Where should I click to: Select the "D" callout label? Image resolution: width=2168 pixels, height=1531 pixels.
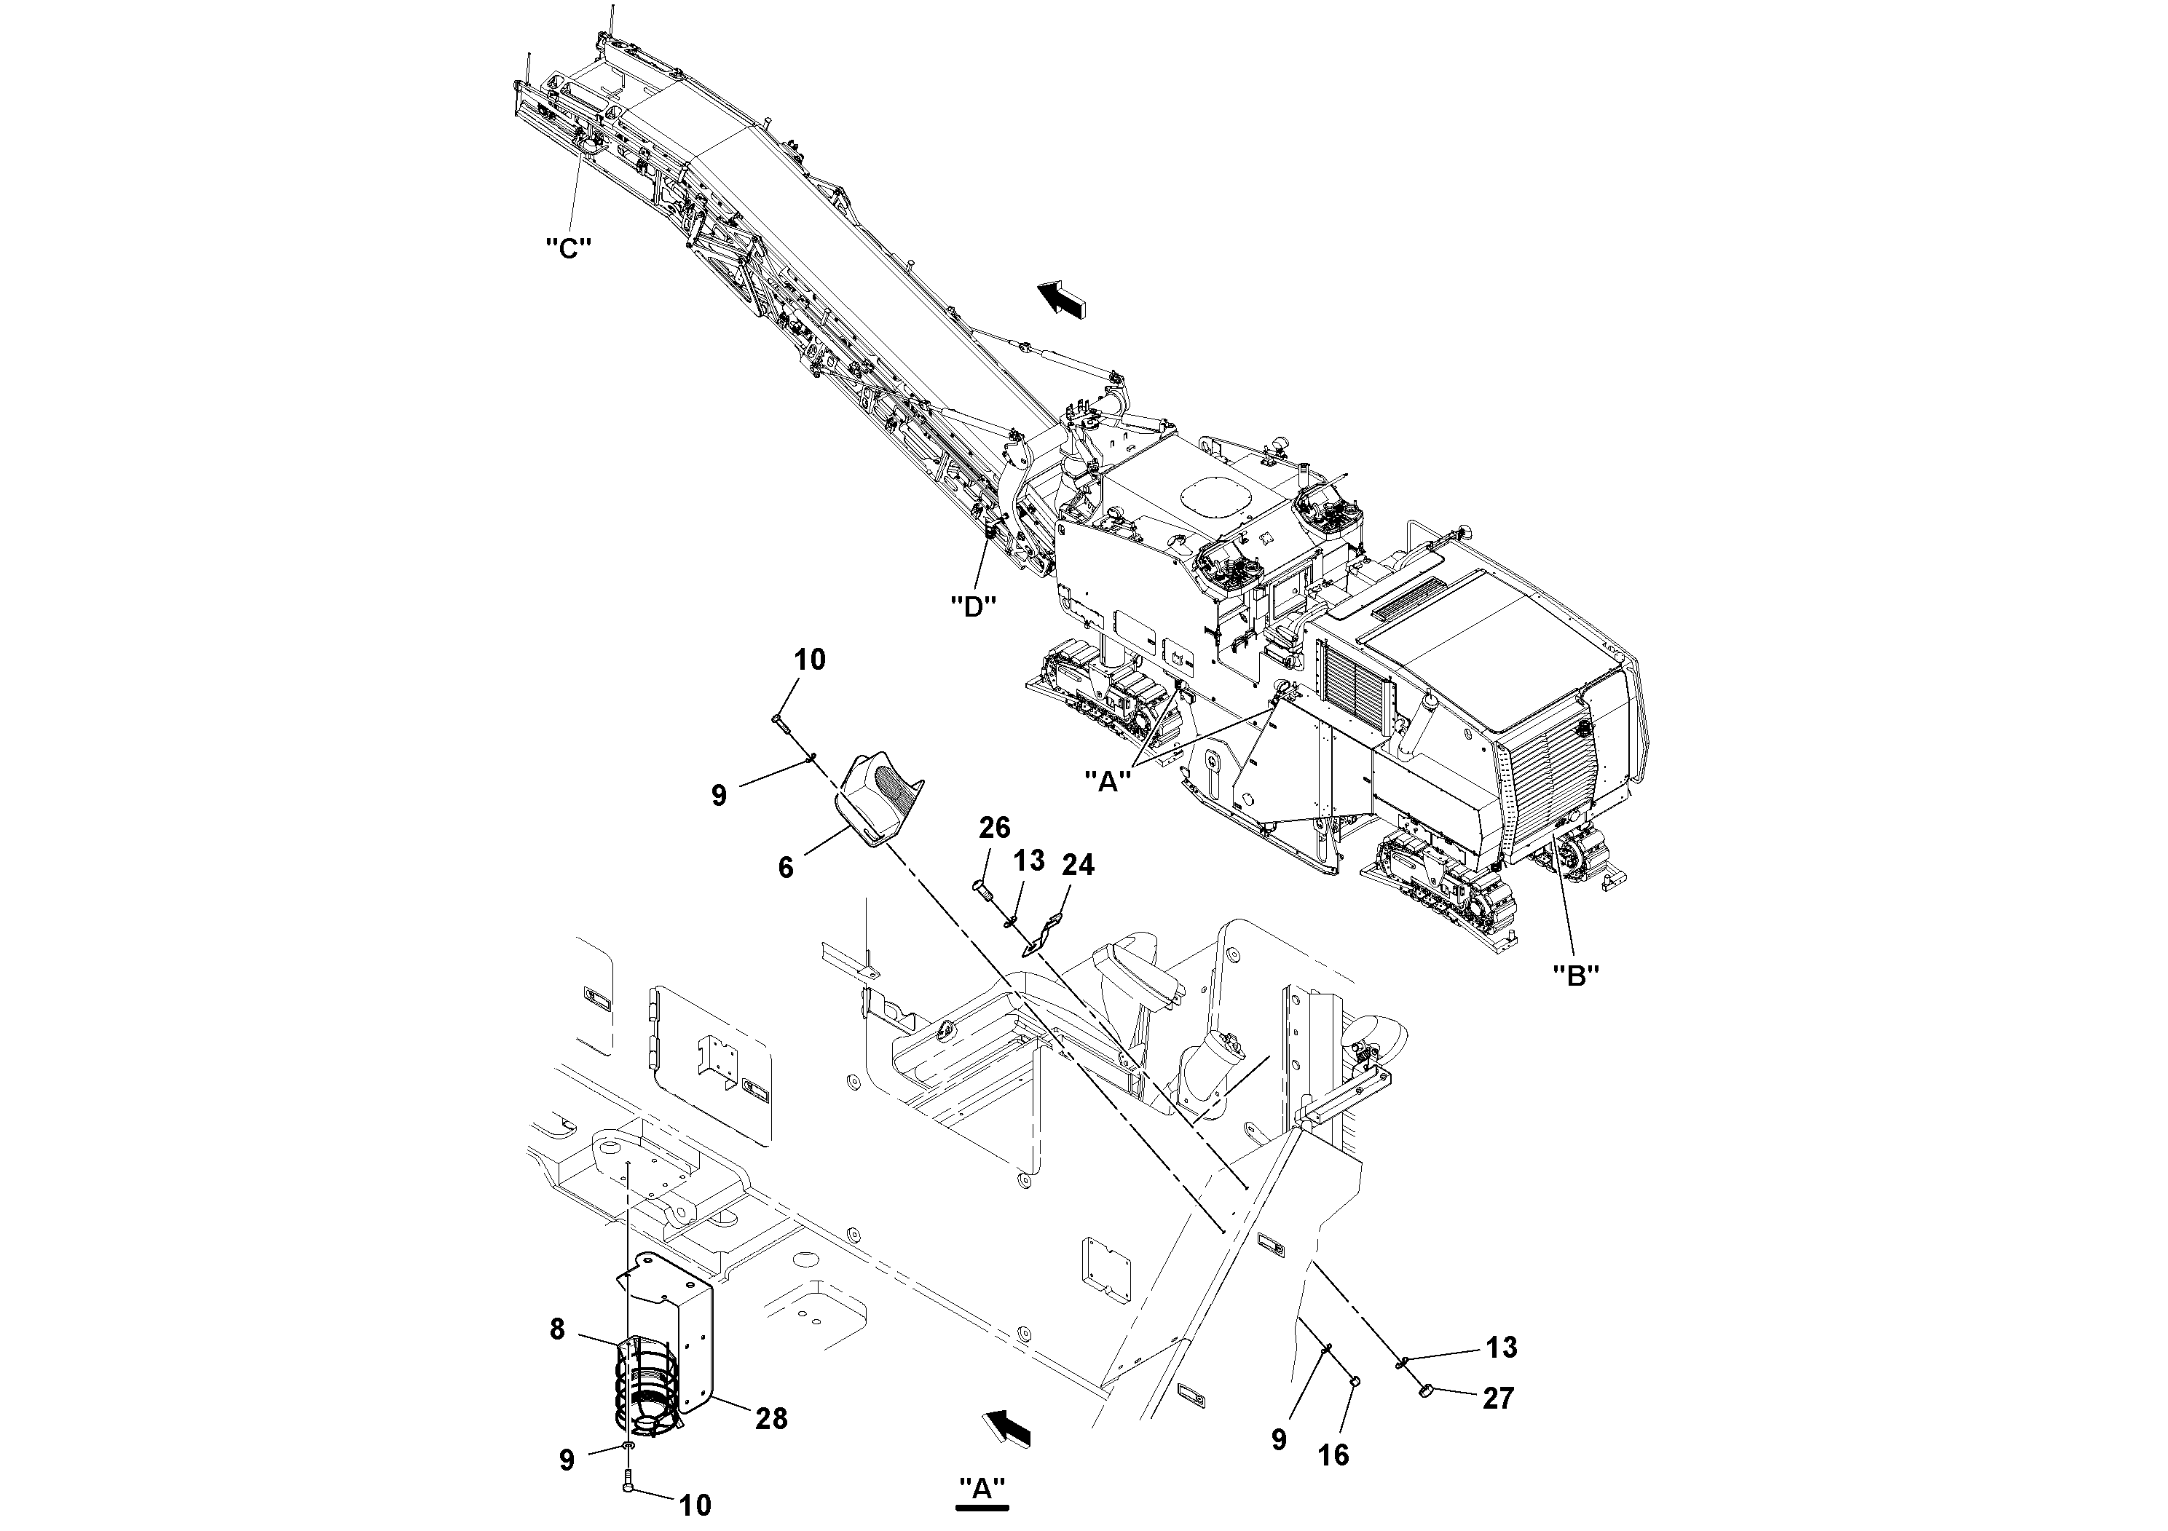[974, 605]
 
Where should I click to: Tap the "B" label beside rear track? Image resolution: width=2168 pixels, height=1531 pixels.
[1576, 976]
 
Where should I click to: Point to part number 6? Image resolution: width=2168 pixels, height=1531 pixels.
[786, 866]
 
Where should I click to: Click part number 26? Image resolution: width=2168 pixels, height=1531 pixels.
[994, 828]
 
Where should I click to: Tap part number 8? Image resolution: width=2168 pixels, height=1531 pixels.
[558, 1329]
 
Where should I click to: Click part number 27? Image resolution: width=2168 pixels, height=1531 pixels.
[1497, 1398]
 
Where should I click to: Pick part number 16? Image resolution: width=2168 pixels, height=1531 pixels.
[1333, 1455]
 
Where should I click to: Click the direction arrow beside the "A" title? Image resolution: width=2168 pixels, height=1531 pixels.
[1006, 1429]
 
